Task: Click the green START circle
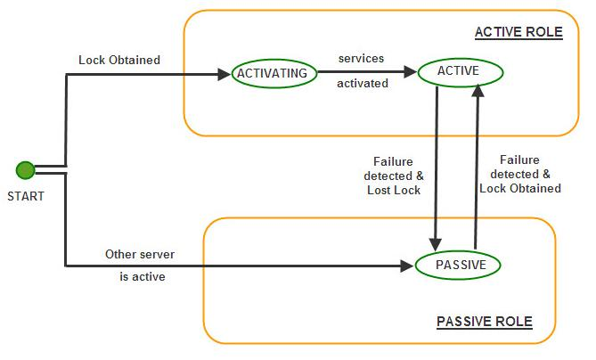click(25, 170)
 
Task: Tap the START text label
click(26, 196)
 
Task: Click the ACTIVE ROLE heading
click(518, 32)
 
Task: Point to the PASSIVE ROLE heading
click(485, 322)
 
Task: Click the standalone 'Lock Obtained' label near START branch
click(119, 60)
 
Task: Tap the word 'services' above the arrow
click(361, 59)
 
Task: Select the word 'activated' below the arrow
click(363, 83)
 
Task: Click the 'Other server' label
click(140, 254)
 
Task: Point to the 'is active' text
click(143, 276)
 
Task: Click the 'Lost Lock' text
click(394, 190)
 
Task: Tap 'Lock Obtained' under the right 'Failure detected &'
click(520, 188)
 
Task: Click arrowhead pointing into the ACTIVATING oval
click(225, 74)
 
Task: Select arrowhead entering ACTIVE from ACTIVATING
click(411, 71)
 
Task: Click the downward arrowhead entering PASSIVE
click(436, 245)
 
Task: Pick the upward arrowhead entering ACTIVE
click(478, 91)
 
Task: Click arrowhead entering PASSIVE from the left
click(407, 266)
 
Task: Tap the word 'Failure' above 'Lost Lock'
click(393, 161)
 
